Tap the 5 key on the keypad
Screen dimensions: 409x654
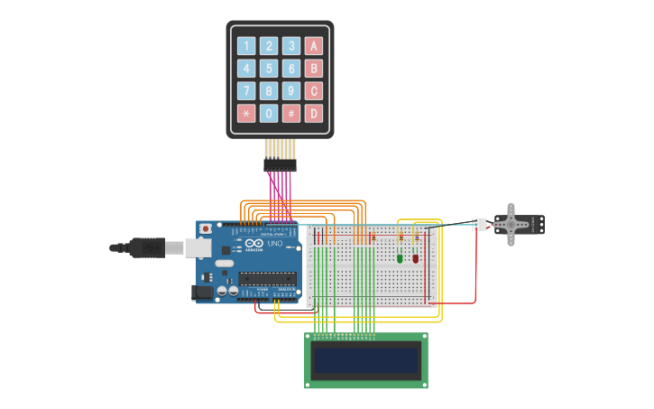click(269, 69)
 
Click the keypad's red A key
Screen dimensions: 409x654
click(313, 46)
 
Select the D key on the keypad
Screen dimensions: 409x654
click(313, 114)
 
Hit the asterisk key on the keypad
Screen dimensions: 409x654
click(246, 114)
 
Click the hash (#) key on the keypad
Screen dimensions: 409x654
click(290, 114)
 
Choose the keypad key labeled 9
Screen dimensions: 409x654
click(290, 91)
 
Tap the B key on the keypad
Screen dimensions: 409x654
click(313, 69)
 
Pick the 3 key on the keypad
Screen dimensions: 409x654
click(290, 46)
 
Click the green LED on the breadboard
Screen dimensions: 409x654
click(400, 258)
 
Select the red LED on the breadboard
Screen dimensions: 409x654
click(416, 258)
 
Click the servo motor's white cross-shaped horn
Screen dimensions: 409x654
click(511, 223)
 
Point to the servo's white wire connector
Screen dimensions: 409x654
click(479, 224)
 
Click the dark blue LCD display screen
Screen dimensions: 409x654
click(366, 360)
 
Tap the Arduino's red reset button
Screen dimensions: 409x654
click(206, 229)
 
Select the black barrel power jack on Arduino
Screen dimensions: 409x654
click(202, 293)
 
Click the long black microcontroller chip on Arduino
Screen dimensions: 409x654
click(268, 279)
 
